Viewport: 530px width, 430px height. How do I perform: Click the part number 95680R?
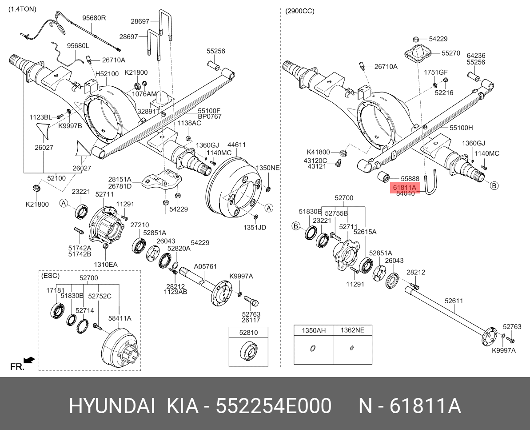point(94,18)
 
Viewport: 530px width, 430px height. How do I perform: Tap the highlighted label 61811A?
point(404,188)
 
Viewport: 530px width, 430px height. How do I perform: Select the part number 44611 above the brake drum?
point(237,145)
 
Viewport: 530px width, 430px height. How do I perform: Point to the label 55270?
point(451,53)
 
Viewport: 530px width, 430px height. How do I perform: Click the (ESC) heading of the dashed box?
point(50,276)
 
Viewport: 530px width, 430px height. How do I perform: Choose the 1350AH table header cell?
point(314,330)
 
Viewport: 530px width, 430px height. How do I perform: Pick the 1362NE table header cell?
point(352,330)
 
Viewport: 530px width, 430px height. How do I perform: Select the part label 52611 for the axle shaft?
point(454,301)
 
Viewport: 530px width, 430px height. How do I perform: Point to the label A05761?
point(205,267)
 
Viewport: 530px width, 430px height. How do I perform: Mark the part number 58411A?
point(119,318)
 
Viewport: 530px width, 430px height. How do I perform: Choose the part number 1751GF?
point(435,72)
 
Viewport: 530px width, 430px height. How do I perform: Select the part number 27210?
point(139,225)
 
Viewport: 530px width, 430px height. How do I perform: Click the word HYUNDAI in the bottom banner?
point(112,406)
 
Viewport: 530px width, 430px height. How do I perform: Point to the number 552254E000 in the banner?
point(273,406)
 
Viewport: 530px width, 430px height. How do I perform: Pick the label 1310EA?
point(106,264)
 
